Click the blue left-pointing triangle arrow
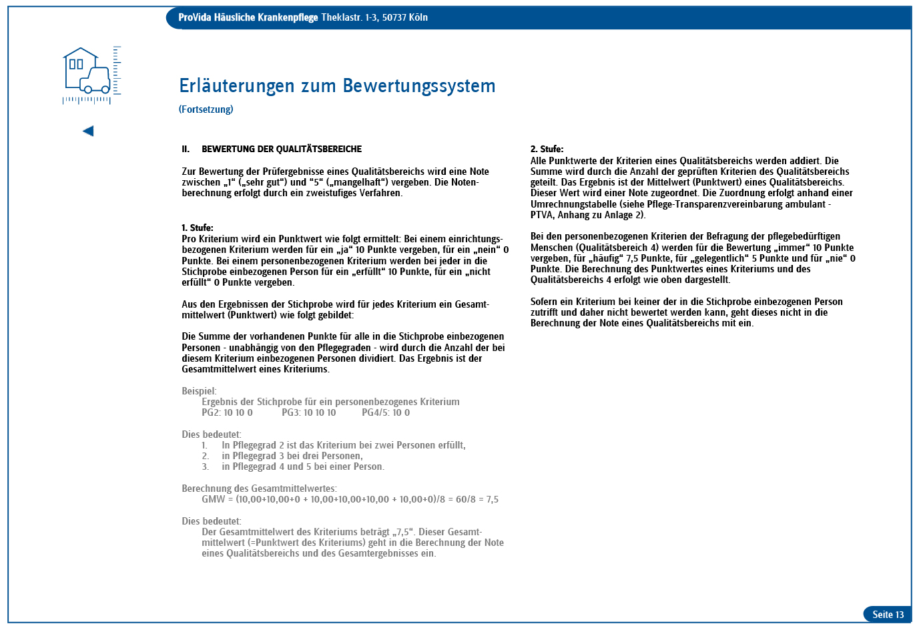click(88, 131)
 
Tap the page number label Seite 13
click(888, 615)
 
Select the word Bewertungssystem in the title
click(419, 86)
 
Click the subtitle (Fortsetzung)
click(206, 109)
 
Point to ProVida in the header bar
click(194, 17)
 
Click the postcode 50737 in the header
click(394, 17)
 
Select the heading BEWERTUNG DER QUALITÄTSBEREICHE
click(282, 149)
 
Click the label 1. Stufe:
click(198, 228)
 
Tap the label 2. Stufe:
click(547, 149)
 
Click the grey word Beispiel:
click(199, 391)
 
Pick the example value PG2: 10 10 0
click(227, 413)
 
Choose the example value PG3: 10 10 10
click(309, 413)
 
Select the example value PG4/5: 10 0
click(386, 413)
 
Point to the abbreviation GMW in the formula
click(214, 500)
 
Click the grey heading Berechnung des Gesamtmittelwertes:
click(259, 489)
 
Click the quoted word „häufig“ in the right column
click(602, 258)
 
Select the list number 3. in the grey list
click(206, 467)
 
